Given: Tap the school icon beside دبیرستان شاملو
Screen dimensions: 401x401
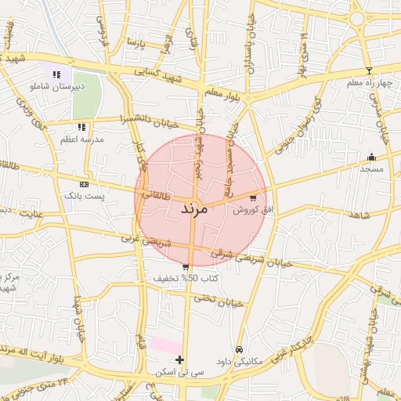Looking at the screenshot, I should [x=56, y=74].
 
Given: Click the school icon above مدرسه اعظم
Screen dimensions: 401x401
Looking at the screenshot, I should [x=81, y=127].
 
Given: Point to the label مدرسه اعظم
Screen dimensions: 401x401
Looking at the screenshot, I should [x=82, y=139].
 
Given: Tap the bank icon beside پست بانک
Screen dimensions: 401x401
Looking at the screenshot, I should [x=84, y=183].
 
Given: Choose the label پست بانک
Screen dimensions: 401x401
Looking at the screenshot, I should [x=85, y=195].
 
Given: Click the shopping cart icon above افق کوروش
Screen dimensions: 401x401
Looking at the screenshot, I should [x=252, y=198].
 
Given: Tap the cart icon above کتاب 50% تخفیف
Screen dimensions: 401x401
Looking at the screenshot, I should [x=186, y=267].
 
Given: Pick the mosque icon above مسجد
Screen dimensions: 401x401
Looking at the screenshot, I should [x=371, y=157].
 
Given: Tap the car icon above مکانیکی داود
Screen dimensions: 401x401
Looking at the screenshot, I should [x=239, y=350].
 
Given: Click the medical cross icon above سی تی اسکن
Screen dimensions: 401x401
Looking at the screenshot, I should [x=180, y=360].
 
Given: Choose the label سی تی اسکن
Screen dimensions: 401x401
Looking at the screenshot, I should [x=181, y=372].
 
